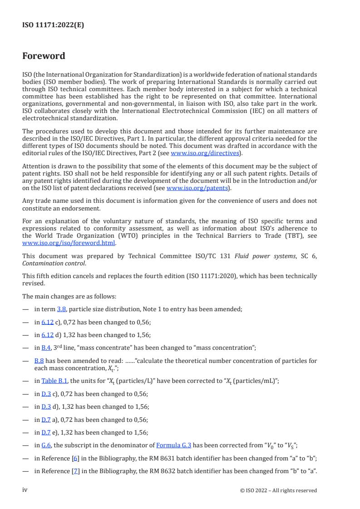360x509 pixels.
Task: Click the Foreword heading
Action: [44, 56]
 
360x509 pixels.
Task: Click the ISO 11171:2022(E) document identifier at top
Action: [53, 25]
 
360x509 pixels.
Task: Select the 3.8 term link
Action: [61, 309]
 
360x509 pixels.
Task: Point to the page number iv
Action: [25, 490]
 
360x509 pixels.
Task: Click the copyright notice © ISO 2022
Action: [278, 490]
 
